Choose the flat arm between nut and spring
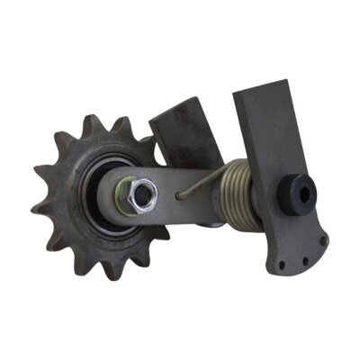(171, 192)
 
